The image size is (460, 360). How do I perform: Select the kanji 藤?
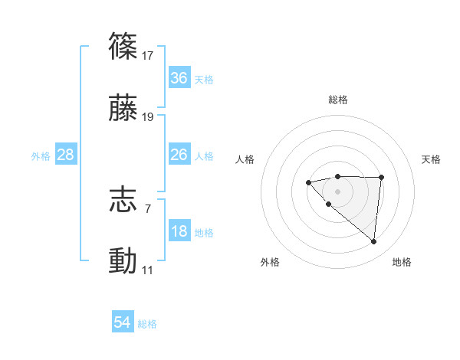click(123, 109)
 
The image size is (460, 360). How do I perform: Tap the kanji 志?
click(123, 201)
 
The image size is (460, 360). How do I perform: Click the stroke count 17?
click(149, 56)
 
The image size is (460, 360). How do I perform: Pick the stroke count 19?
click(149, 117)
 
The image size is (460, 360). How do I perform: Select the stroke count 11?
click(148, 270)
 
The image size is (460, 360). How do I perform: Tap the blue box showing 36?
click(179, 78)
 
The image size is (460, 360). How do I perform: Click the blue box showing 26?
click(179, 155)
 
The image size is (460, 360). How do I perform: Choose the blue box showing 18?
click(179, 231)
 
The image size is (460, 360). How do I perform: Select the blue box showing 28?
click(66, 155)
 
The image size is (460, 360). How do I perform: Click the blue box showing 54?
click(122, 323)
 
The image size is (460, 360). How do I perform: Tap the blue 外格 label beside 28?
click(41, 155)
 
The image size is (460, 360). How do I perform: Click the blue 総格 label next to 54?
click(147, 324)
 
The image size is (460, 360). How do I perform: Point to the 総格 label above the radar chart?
click(337, 100)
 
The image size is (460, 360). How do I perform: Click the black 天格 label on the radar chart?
click(431, 159)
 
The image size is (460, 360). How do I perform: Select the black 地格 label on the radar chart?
click(402, 263)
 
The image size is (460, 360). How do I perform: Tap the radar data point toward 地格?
click(374, 242)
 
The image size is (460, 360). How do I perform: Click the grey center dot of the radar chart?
click(337, 191)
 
